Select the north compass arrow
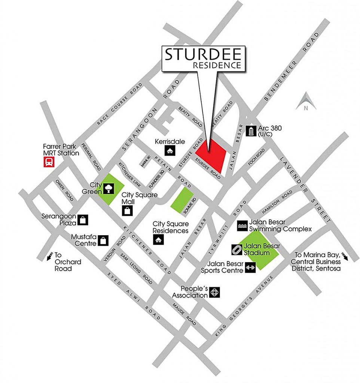tap(306, 102)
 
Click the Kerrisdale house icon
tap(170, 151)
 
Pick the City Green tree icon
tap(109, 188)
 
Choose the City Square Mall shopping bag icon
tap(127, 210)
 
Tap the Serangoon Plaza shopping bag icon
tap(83, 220)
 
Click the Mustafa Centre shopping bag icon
tap(103, 240)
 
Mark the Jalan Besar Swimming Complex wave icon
tap(242, 225)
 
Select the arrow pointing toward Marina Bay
tap(345, 257)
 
